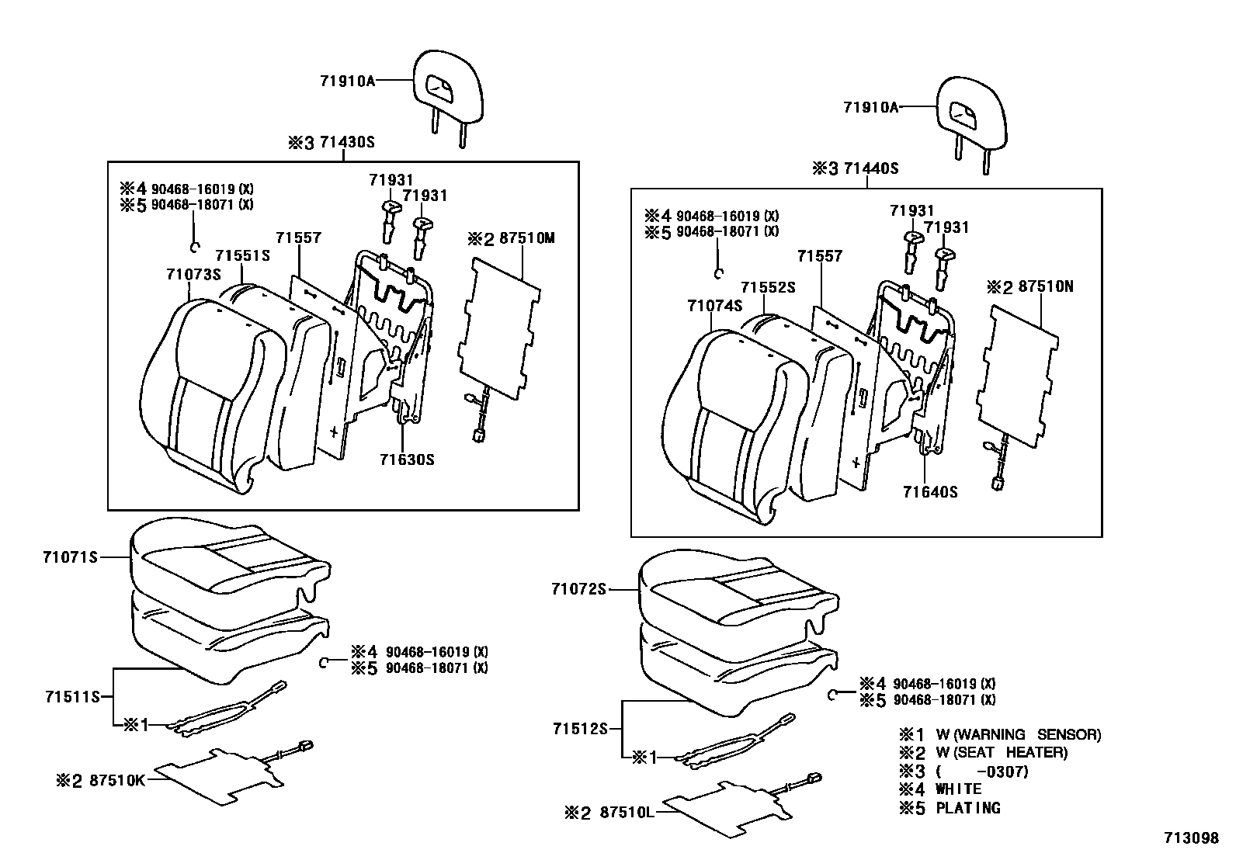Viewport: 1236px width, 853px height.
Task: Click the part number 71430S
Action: (x=349, y=143)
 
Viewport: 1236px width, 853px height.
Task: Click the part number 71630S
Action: (x=407, y=459)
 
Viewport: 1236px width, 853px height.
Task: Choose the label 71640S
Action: (x=930, y=492)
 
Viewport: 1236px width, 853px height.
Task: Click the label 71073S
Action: (x=193, y=275)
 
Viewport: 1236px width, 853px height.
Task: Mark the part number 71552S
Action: (x=768, y=288)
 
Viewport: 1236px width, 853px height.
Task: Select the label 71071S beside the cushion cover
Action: (x=71, y=557)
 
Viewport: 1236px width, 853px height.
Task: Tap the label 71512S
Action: (x=579, y=729)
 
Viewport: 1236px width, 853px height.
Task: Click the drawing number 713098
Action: (x=1191, y=838)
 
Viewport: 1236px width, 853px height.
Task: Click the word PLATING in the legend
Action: (x=968, y=808)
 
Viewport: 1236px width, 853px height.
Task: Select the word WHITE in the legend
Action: (x=959, y=789)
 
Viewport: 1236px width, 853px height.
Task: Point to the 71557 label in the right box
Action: (x=820, y=256)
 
